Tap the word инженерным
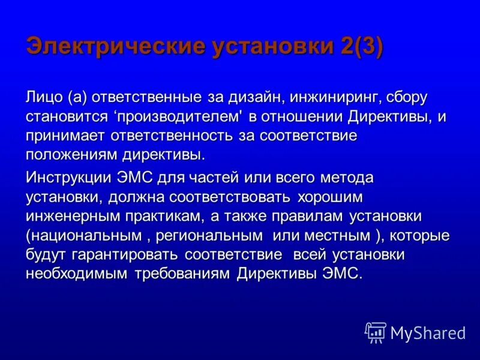coord(68,216)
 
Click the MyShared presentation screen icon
coord(376,332)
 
